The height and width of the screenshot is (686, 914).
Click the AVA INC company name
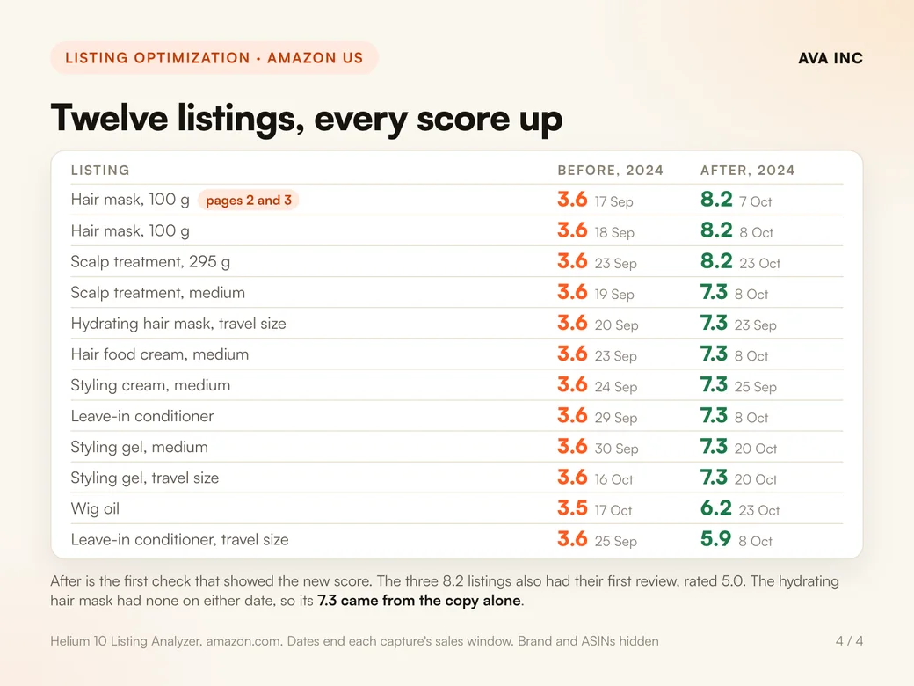coord(830,58)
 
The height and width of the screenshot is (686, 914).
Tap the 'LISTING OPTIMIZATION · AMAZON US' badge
coord(214,58)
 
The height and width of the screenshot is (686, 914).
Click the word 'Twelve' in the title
coord(109,119)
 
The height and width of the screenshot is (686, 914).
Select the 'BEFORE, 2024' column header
coord(610,171)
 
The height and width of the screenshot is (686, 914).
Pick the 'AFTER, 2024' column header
coord(747,171)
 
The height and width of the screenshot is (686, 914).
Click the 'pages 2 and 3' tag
coord(249,201)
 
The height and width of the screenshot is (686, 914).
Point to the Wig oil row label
coord(95,508)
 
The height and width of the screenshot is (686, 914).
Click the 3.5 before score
coord(572,508)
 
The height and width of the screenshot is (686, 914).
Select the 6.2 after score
coord(715,508)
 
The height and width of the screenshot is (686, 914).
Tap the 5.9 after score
coord(715,539)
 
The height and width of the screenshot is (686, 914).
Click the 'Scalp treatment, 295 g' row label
coord(150,262)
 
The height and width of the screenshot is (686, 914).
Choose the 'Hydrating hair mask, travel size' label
coord(178,324)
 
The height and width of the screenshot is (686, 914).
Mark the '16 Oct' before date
coord(613,479)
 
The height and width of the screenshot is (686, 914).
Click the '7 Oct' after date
coord(756,201)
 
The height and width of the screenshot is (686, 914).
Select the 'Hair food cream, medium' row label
coord(160,354)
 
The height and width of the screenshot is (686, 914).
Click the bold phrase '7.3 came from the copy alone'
coord(419,601)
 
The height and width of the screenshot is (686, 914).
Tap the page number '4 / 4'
coord(849,641)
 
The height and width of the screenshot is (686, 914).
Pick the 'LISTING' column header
coord(100,171)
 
